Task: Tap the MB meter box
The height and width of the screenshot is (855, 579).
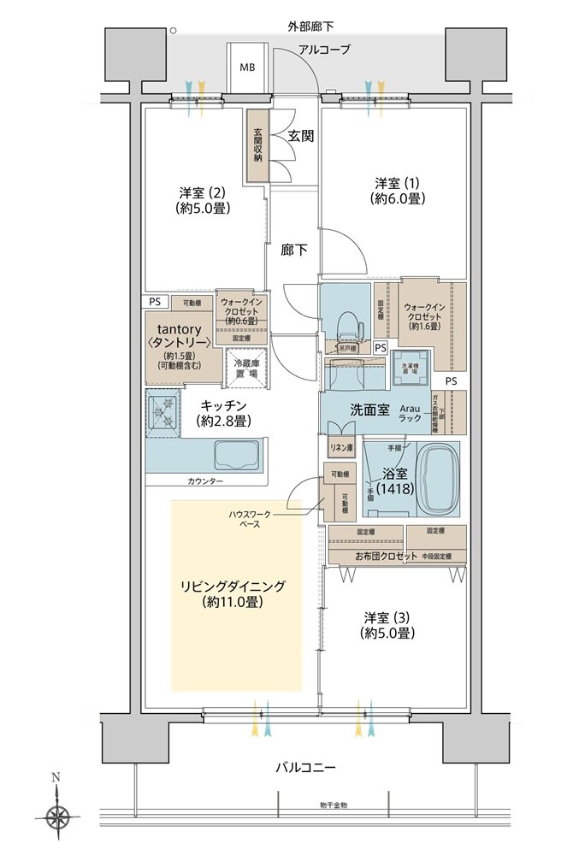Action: point(246,67)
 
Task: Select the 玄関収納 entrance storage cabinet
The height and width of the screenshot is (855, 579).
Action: point(257,145)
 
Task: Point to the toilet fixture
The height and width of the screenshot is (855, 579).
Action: point(348,324)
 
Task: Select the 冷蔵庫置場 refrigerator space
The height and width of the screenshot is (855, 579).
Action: point(247,368)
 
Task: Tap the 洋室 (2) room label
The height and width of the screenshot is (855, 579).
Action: point(204,198)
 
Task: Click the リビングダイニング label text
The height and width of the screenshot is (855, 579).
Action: point(232,593)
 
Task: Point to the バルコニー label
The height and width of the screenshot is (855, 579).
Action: point(304,767)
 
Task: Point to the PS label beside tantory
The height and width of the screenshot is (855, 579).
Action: point(154,302)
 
